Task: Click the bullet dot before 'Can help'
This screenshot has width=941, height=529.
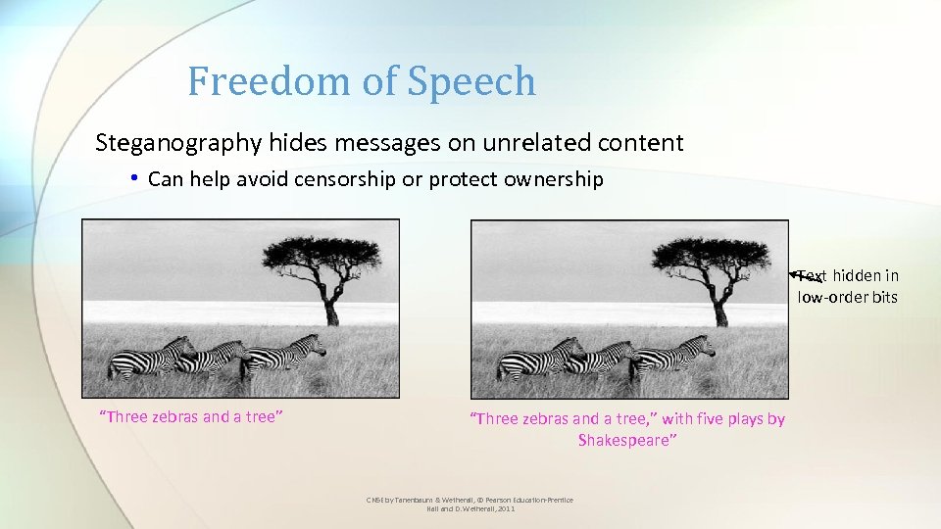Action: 134,179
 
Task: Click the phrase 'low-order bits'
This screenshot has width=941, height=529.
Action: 847,298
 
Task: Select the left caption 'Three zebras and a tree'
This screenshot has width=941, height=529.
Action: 192,417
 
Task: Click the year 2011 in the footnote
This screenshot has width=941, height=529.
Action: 505,509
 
